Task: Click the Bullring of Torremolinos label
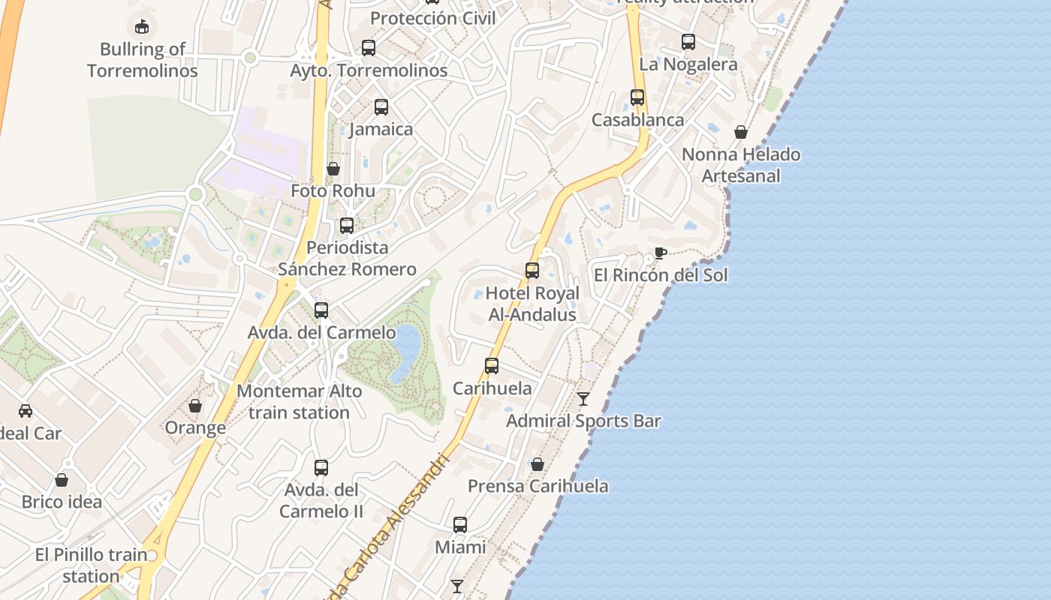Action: click(x=142, y=60)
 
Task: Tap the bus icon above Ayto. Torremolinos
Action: click(x=369, y=47)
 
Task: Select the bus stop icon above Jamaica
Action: click(x=381, y=106)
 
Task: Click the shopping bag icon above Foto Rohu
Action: click(x=333, y=169)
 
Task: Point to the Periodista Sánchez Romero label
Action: click(x=347, y=258)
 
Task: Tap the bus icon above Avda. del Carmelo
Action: click(x=321, y=310)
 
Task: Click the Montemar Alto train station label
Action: click(x=299, y=401)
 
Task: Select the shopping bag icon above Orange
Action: click(x=195, y=406)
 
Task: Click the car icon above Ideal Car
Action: click(x=26, y=410)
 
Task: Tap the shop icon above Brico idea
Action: click(x=62, y=479)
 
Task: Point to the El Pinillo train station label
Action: click(x=92, y=565)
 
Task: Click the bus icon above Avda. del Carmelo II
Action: click(x=321, y=467)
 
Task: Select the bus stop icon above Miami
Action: click(x=460, y=524)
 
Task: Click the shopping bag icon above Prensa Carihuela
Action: click(x=538, y=464)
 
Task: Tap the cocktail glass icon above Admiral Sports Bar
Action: click(x=583, y=398)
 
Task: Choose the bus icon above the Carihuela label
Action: click(x=492, y=365)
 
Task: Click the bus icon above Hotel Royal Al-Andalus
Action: click(x=532, y=270)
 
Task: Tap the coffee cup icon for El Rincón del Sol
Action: click(x=660, y=253)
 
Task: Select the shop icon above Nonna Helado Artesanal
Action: click(x=741, y=132)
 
